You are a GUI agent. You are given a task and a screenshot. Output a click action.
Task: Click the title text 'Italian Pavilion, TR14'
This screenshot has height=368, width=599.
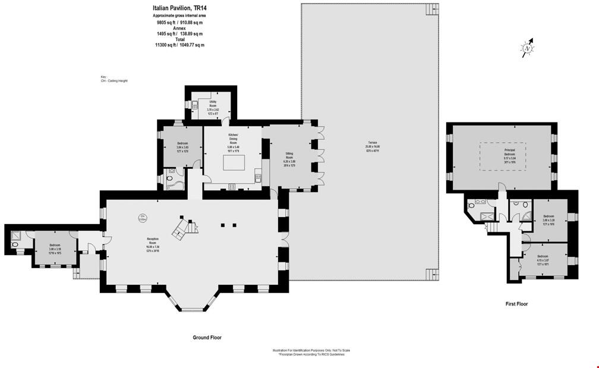(179, 8)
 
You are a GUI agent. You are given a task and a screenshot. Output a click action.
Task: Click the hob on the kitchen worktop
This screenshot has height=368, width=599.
(232, 186)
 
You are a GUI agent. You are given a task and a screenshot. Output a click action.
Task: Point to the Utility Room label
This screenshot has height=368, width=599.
(213, 106)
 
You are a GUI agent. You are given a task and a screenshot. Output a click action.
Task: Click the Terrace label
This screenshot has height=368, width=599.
(373, 147)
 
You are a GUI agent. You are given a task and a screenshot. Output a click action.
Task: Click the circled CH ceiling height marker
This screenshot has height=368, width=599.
(143, 218)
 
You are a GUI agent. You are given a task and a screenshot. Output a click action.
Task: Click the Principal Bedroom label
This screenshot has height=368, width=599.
(502, 156)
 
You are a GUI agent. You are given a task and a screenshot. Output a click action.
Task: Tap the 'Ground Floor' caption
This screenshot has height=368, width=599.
(207, 338)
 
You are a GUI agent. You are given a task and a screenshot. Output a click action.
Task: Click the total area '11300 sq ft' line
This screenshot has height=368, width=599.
(179, 45)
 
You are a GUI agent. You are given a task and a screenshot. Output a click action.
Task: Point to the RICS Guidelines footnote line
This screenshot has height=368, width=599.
(308, 355)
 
